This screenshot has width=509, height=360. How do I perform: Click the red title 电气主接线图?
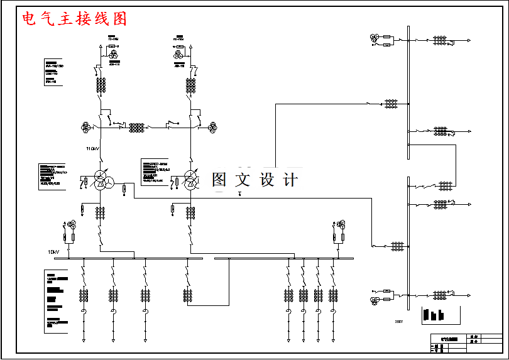point(74,19)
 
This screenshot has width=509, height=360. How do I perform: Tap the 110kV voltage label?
point(93,149)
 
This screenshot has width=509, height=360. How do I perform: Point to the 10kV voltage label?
point(53,252)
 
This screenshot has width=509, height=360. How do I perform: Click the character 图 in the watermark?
point(219,180)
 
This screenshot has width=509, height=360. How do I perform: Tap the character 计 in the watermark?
point(290,180)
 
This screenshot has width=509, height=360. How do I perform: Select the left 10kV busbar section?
point(136,258)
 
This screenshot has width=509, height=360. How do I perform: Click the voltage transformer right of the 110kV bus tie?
point(212,126)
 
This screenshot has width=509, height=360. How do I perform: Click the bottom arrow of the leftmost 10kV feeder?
point(83,340)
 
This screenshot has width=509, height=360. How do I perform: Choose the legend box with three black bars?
point(434,314)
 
